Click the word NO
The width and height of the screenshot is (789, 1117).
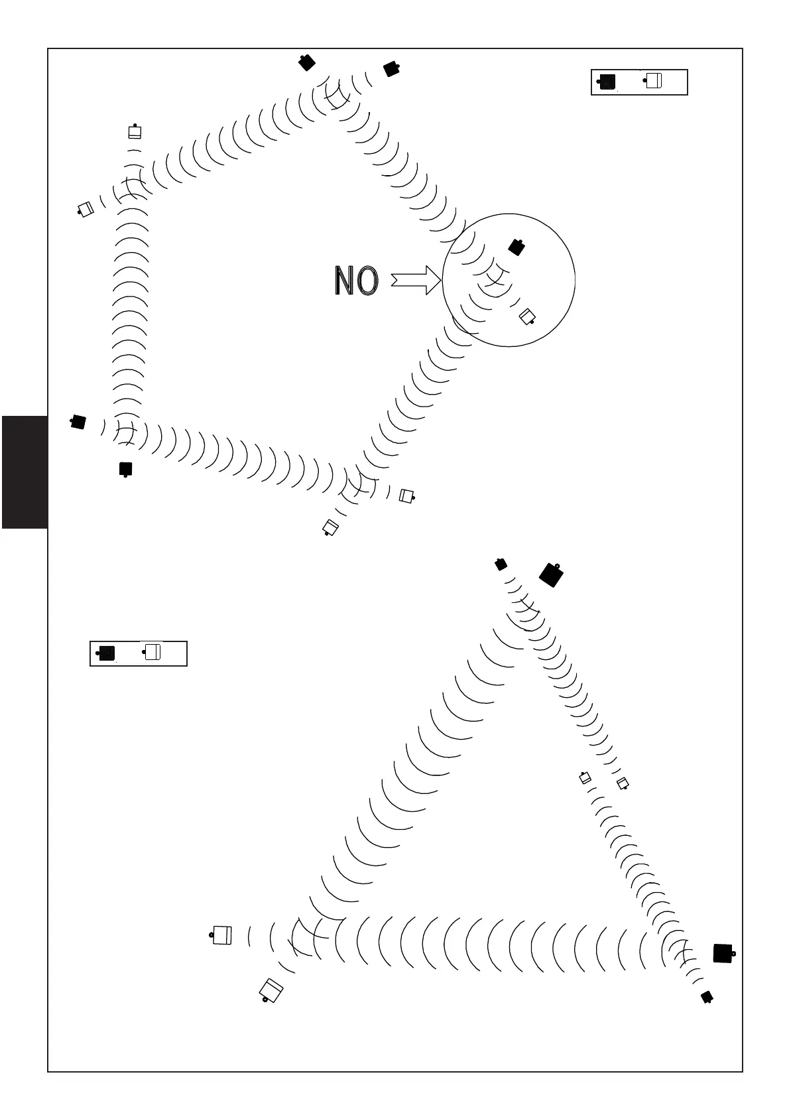[356, 281]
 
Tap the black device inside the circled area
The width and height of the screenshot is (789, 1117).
[516, 247]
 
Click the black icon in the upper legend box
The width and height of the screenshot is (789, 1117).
[607, 82]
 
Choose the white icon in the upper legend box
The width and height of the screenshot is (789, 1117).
[654, 81]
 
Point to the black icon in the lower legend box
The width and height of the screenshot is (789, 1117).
[106, 653]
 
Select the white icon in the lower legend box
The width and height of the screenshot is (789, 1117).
[152, 652]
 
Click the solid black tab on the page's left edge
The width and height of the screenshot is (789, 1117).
[25, 472]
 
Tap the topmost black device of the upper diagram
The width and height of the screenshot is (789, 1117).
[306, 62]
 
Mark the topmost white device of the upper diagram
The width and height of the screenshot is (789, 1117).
[135, 131]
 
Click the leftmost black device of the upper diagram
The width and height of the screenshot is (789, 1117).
[78, 421]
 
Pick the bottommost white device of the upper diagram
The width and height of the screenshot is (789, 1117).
[330, 527]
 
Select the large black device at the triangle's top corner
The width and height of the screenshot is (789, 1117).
[551, 574]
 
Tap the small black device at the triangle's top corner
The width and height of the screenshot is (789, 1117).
[501, 564]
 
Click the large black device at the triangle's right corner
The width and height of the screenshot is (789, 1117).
[723, 953]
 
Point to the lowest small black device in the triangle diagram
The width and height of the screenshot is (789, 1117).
[707, 997]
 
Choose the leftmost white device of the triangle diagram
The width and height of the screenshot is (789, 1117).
[222, 935]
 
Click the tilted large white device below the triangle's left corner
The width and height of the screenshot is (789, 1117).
[271, 990]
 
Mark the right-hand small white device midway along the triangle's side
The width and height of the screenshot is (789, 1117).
[622, 784]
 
